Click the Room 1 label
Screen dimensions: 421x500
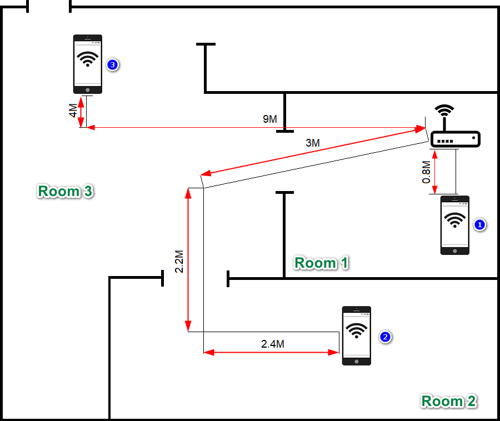click(x=321, y=263)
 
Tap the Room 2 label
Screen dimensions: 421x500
click(x=448, y=400)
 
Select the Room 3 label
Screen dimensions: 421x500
click(x=66, y=191)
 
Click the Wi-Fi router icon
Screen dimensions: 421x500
click(x=455, y=138)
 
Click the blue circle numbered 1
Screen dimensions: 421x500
click(x=479, y=225)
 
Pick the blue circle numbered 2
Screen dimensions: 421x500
click(x=384, y=337)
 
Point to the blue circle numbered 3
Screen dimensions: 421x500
click(x=112, y=65)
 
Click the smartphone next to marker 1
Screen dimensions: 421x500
click(x=455, y=225)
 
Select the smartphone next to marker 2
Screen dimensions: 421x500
click(x=356, y=335)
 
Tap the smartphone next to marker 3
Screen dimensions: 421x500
click(x=88, y=64)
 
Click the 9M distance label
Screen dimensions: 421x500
click(x=269, y=119)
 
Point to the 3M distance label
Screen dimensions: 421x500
click(x=313, y=143)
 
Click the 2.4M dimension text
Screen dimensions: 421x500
click(x=273, y=344)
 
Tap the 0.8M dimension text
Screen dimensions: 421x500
click(x=426, y=172)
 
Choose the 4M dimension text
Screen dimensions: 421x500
click(x=73, y=111)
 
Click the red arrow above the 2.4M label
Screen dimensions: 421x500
click(x=271, y=352)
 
